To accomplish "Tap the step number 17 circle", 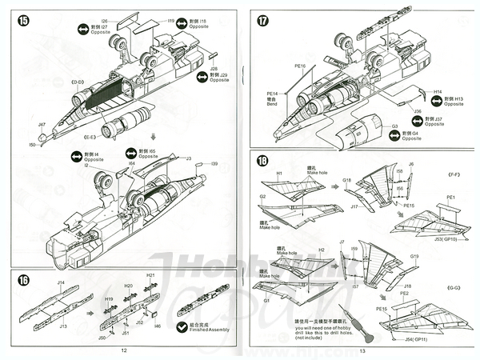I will [262, 20].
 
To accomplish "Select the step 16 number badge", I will [23, 279].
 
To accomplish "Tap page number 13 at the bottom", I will [362, 350].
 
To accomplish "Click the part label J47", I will [42, 125].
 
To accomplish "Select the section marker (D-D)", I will [78, 82].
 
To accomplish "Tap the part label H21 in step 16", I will [150, 275].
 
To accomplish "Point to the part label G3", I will [394, 126].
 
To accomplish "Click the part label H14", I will [438, 92].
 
